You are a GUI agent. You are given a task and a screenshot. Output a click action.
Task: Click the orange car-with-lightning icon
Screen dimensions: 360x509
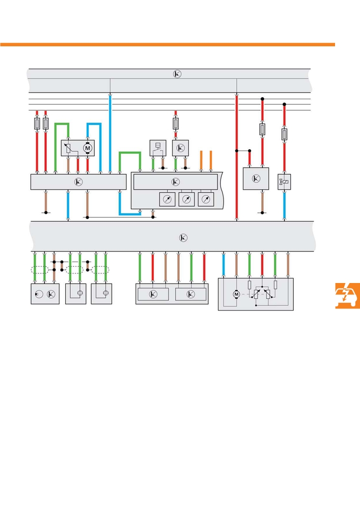pyautogui.click(x=348, y=295)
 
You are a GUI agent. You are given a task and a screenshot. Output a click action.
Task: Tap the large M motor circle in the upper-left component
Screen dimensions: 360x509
pyautogui.click(x=87, y=148)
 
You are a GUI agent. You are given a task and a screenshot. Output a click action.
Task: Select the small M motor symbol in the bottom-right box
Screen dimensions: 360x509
pyautogui.click(x=236, y=294)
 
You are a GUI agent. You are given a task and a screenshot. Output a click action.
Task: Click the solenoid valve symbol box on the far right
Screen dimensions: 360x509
pyautogui.click(x=284, y=182)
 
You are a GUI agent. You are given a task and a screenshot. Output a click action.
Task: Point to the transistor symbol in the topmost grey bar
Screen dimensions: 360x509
pyautogui.click(x=177, y=74)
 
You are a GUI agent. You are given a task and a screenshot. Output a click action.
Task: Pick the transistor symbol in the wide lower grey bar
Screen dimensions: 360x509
pyautogui.click(x=183, y=238)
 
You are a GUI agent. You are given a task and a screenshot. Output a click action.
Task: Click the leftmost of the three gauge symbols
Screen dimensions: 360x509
pyautogui.click(x=167, y=200)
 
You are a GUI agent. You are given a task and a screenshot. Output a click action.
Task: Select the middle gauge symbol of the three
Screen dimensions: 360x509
pyautogui.click(x=187, y=200)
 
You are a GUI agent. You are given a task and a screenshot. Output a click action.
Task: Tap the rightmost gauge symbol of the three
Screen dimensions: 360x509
pyautogui.click(x=206, y=200)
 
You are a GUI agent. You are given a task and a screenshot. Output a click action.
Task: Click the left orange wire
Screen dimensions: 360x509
pyautogui.click(x=201, y=160)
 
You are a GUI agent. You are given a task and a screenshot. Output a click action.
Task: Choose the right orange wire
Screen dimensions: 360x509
pyautogui.click(x=211, y=160)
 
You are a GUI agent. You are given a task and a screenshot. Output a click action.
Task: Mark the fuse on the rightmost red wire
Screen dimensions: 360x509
pyautogui.click(x=284, y=134)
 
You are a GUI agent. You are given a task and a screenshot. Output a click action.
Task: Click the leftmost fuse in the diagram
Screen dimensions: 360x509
pyautogui.click(x=37, y=123)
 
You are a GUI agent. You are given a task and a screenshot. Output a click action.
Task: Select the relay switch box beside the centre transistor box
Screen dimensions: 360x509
pyautogui.click(x=158, y=148)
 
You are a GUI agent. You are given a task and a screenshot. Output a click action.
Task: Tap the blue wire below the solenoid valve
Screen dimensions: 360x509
pyautogui.click(x=284, y=205)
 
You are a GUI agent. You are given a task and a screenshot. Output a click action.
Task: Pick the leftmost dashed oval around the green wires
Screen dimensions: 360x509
pyautogui.click(x=40, y=270)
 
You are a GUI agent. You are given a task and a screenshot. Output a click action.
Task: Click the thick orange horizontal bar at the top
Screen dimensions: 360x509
pyautogui.click(x=168, y=44)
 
